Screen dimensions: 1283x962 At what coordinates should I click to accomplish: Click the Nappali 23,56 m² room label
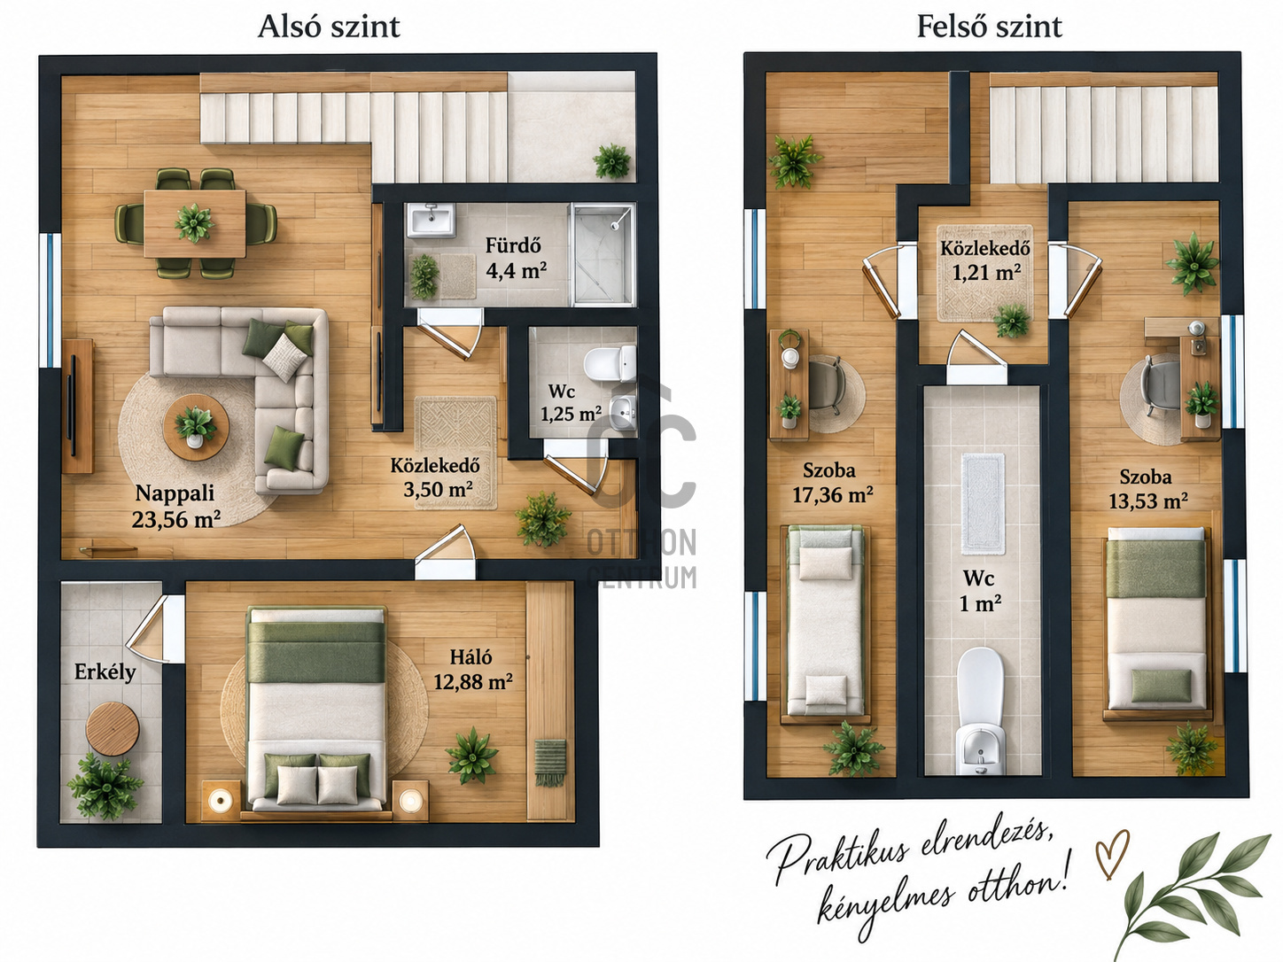pos(176,507)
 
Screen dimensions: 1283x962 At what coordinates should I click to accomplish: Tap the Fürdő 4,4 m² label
pos(516,259)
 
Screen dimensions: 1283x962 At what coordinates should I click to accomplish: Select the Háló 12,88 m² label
pos(473,670)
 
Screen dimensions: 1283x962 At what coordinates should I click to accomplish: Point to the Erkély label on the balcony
pos(105,672)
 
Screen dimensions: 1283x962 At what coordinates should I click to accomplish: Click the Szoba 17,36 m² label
pos(832,483)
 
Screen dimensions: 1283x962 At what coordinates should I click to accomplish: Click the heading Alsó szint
pos(329,27)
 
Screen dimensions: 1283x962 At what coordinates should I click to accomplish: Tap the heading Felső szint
pos(989,27)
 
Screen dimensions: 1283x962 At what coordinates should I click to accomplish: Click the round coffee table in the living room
pos(196,427)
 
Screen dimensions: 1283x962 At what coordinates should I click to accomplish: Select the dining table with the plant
pos(195,224)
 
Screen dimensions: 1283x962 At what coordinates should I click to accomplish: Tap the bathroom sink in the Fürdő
pos(431,221)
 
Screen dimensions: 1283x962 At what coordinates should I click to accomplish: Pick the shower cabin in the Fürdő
pos(603,254)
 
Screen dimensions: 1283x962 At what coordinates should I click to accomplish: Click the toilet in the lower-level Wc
pos(610,364)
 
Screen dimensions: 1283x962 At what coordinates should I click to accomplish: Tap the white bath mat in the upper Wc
pos(984,503)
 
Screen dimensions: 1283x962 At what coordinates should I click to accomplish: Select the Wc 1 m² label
pos(980,591)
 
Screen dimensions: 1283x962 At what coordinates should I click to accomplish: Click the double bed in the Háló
pos(316,709)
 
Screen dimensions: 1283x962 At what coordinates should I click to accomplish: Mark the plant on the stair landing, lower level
pos(612,161)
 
